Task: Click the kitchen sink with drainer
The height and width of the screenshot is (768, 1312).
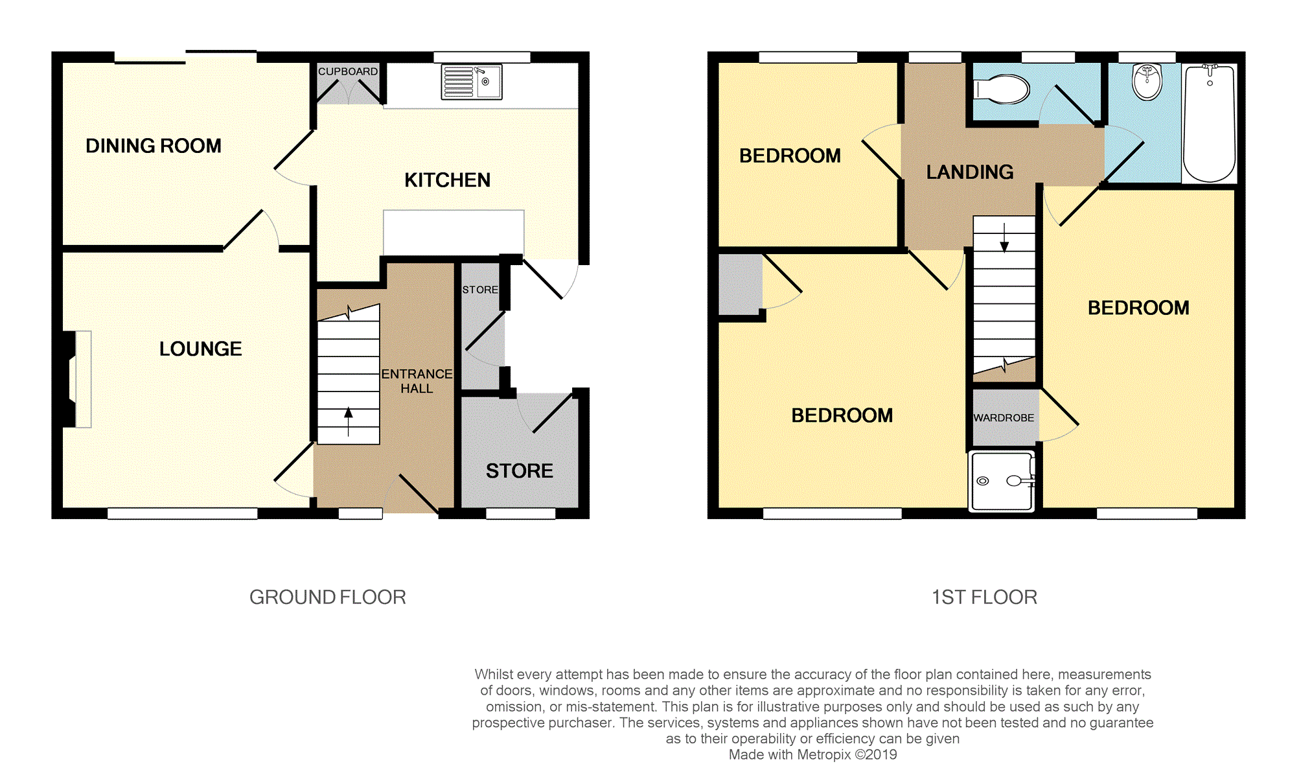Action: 471,82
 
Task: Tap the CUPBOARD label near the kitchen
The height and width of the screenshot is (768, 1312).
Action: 347,71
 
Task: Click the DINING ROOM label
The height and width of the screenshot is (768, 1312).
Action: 154,146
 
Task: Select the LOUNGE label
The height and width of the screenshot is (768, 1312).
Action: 200,349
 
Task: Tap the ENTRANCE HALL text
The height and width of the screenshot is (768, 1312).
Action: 417,381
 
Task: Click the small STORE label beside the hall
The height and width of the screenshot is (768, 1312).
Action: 480,290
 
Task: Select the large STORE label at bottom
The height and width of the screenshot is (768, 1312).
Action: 519,471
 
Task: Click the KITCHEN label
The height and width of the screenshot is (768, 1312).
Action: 447,180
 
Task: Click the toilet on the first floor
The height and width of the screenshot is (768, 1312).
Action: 1002,89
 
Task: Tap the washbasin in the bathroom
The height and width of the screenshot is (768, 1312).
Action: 1147,82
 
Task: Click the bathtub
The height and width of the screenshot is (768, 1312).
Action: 1209,123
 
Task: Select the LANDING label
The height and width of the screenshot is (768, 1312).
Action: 969,172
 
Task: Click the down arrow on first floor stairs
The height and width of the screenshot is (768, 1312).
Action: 1004,239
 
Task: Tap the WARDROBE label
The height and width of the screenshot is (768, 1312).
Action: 1004,418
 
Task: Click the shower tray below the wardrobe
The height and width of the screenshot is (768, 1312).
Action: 1002,482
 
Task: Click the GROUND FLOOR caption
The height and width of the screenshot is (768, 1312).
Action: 327,597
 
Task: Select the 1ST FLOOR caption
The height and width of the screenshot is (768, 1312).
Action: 984,597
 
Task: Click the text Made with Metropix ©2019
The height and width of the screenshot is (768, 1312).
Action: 812,754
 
